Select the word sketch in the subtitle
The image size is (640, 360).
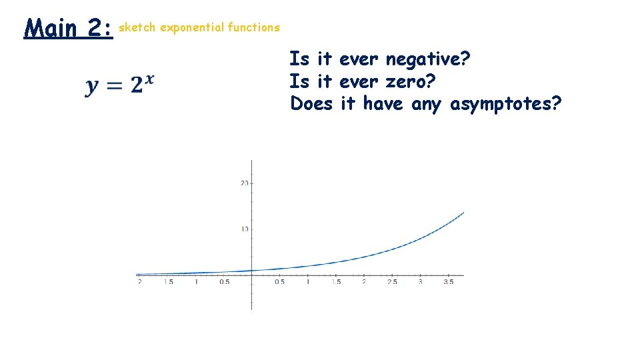pos(137,27)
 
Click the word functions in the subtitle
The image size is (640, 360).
pos(253,27)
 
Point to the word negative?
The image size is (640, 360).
pos(428,60)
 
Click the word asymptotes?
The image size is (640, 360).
pos(506,105)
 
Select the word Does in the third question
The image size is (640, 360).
pos(311,104)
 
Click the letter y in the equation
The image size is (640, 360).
pos(92,86)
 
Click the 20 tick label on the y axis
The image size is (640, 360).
pos(244,183)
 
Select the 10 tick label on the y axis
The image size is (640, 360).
pos(244,229)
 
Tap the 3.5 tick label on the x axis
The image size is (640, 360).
pos(448,282)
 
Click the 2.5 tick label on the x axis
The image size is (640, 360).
pos(392,282)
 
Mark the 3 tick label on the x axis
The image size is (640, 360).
pos(420,282)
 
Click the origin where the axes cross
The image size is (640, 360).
pos(252,275)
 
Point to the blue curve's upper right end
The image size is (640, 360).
pos(463,213)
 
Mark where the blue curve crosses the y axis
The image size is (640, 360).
pos(252,271)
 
